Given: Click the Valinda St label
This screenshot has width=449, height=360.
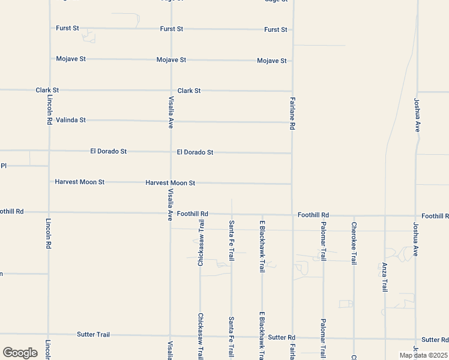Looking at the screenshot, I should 71,120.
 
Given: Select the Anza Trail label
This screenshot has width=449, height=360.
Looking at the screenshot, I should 385,277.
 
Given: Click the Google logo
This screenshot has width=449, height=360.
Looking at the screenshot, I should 20,353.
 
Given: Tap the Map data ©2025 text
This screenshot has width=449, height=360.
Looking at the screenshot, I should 423,355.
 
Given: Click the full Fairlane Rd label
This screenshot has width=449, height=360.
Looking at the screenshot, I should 292,114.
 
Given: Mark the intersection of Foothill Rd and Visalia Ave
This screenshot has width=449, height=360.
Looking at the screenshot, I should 171,213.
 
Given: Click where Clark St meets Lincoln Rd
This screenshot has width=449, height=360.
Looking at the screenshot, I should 50,90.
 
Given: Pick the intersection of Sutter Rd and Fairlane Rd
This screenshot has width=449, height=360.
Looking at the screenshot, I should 293,338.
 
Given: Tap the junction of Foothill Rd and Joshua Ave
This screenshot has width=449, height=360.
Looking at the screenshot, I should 416,215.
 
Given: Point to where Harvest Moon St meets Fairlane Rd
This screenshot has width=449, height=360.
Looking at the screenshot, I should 292,184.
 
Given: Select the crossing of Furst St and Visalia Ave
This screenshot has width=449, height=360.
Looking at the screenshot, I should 171,28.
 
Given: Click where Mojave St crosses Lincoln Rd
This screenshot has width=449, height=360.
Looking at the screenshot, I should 50,59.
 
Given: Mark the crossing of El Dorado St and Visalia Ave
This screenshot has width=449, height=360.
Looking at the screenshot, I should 171,152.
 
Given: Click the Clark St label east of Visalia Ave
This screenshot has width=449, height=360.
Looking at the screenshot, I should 188,91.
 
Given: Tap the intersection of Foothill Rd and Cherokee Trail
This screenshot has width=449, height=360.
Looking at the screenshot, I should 354,215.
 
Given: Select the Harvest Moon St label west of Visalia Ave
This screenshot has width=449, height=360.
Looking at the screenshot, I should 80,181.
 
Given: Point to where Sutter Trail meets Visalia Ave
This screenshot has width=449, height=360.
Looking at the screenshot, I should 171,336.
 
